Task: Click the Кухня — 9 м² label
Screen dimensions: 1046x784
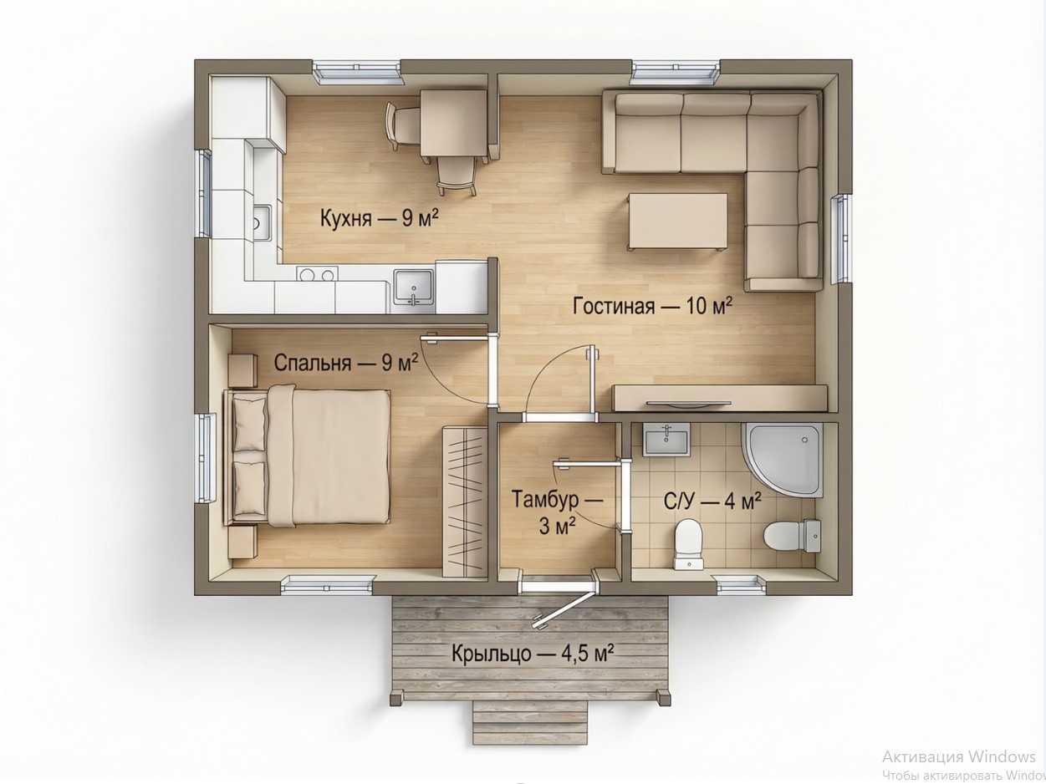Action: coord(379,219)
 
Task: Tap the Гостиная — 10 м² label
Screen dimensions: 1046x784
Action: coord(652,306)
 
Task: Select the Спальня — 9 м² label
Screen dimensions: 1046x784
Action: coord(346,363)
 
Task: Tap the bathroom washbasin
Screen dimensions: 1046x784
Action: coord(666,441)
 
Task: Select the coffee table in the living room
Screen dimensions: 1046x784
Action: coord(677,221)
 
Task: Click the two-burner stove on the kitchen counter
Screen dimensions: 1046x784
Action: coord(317,274)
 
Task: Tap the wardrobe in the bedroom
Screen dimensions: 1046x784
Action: coord(464,501)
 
